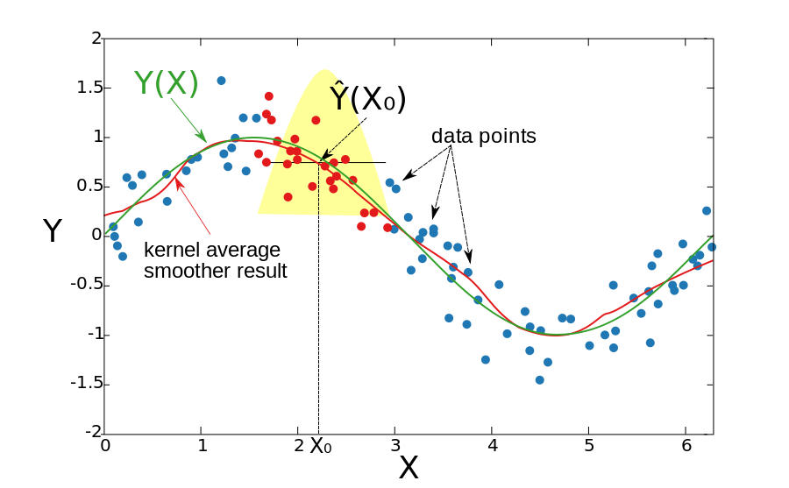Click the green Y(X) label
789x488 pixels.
click(166, 83)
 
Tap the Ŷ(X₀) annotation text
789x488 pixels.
click(368, 98)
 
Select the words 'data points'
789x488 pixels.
click(484, 137)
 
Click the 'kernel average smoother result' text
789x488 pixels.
click(216, 260)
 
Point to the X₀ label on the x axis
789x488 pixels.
click(321, 445)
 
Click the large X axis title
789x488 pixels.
click(408, 468)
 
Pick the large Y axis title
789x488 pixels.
click(53, 231)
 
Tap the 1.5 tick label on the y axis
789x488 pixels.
click(89, 88)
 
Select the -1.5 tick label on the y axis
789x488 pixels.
click(86, 384)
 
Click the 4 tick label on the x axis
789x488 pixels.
click(492, 445)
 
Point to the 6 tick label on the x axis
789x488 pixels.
click(686, 445)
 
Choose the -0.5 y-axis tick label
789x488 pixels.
click(86, 284)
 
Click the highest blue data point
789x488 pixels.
click(221, 81)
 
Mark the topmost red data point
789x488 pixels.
click(269, 96)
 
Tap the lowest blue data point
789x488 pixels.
click(539, 380)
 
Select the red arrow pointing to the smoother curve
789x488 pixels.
click(193, 206)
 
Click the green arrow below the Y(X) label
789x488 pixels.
click(188, 120)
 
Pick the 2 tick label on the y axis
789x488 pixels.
click(96, 38)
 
